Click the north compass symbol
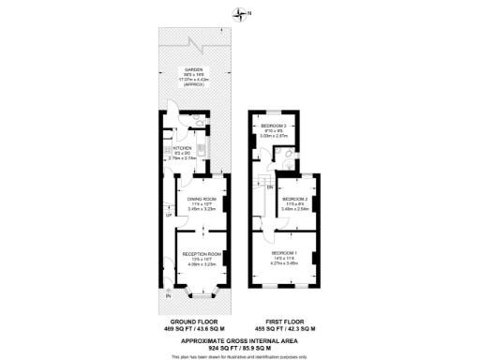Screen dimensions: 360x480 coord(241,13)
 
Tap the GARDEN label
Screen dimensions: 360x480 coord(194,69)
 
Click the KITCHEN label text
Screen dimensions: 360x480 coord(181,147)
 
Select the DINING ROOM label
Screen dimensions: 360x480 coord(202,199)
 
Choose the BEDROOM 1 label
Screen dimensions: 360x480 coord(284,253)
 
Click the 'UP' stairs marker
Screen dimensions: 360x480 coord(168,217)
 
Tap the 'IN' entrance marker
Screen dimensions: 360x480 coord(168,296)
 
